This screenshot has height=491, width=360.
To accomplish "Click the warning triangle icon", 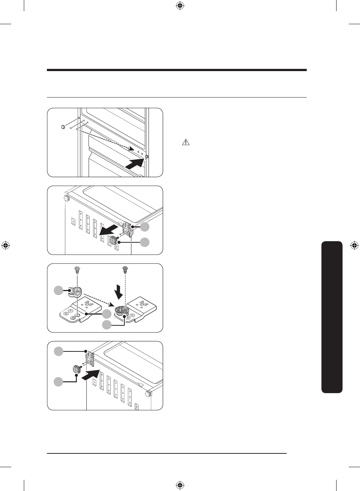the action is [185, 142].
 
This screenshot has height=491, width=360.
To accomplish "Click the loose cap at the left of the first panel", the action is [63, 127].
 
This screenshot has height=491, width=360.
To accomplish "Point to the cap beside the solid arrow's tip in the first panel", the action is [146, 157].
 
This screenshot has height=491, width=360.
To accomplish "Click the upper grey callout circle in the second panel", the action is [145, 227].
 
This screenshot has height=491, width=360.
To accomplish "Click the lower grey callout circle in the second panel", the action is [145, 242].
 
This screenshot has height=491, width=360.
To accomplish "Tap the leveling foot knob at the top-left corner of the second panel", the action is [67, 198].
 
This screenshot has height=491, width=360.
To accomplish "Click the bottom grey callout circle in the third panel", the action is [107, 325].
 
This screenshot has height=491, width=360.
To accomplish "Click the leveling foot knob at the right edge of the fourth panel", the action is [149, 393].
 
